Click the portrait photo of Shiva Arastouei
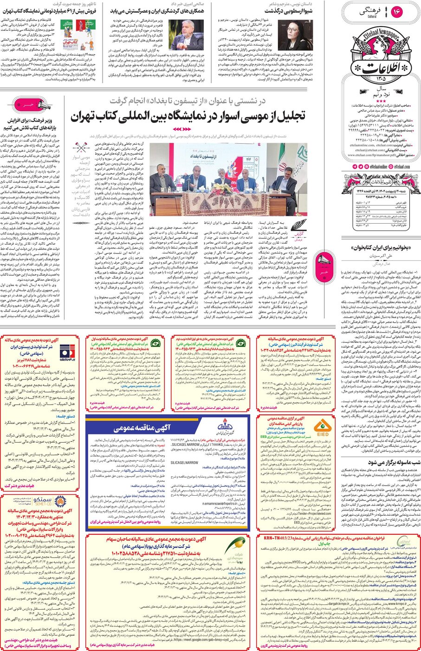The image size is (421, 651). (295, 35)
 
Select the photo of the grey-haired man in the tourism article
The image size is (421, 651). (192, 34)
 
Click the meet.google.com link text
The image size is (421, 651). (200, 638)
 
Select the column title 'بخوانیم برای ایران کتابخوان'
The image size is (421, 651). (381, 248)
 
